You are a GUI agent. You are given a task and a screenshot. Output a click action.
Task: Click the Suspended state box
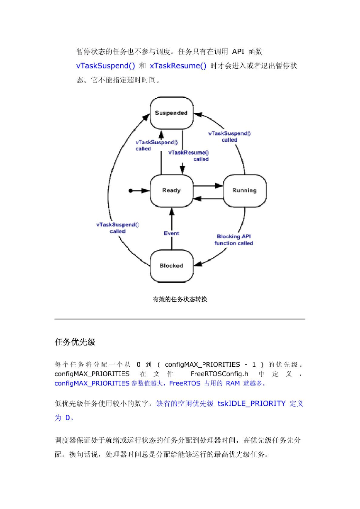pyautogui.click(x=171, y=113)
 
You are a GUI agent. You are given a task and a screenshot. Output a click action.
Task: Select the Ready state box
pyautogui.click(x=171, y=191)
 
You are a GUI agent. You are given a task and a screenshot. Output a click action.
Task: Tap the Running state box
pyautogui.click(x=244, y=191)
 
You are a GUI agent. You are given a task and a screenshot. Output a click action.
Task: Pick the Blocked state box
pyautogui.click(x=171, y=266)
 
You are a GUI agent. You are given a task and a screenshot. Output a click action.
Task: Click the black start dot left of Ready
pyautogui.click(x=131, y=191)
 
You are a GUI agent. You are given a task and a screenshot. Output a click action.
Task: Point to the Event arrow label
pyautogui.click(x=171, y=233)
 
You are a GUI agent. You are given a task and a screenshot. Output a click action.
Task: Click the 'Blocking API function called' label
pyautogui.click(x=234, y=240)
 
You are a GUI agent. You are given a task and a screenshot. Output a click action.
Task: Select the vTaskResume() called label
pyautogui.click(x=189, y=156)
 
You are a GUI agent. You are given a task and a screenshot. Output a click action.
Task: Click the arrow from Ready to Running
pyautogui.click(x=208, y=186)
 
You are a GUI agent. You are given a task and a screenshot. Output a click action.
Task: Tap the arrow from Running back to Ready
pyautogui.click(x=208, y=199)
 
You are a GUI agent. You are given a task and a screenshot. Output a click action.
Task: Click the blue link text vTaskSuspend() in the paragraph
pyautogui.click(x=105, y=65)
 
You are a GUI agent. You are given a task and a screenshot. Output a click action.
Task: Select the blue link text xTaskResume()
pyautogui.click(x=178, y=65)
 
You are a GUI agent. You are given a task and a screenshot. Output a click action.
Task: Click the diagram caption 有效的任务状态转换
pyautogui.click(x=180, y=299)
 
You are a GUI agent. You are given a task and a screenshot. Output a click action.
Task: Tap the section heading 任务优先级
pyautogui.click(x=75, y=342)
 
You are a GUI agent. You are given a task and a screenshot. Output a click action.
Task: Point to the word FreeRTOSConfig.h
pyautogui.click(x=219, y=374)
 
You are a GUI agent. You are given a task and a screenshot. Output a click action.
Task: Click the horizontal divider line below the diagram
pyautogui.click(x=180, y=319)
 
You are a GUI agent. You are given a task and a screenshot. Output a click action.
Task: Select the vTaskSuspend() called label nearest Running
pyautogui.click(x=229, y=136)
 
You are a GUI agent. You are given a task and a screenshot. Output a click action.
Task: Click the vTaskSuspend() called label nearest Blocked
pyautogui.click(x=117, y=228)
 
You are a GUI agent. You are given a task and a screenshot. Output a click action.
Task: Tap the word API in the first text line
pyautogui.click(x=238, y=51)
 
